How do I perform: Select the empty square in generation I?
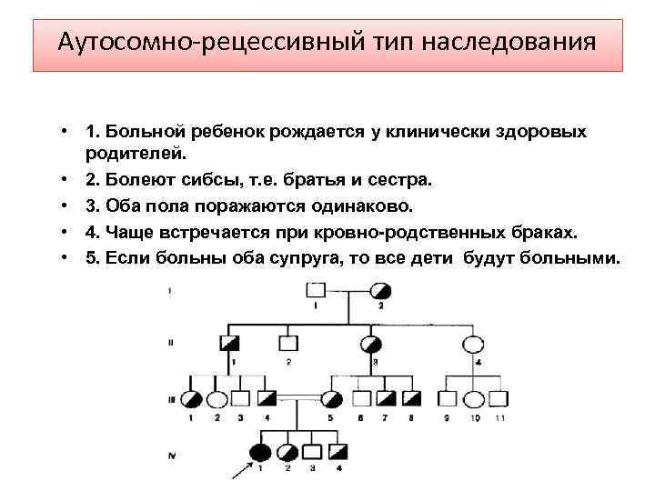(315, 291)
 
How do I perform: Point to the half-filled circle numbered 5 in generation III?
(332, 398)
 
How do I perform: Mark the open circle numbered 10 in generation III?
(475, 398)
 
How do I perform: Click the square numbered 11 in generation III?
(499, 398)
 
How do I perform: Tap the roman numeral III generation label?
(170, 399)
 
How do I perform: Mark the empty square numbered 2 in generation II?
(287, 345)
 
